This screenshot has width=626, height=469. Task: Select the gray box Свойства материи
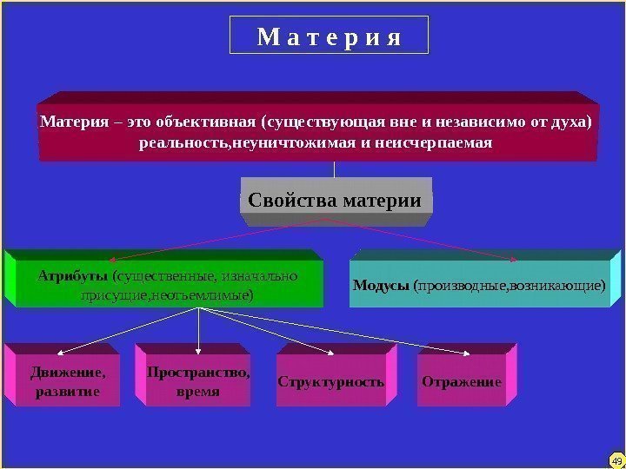click(335, 201)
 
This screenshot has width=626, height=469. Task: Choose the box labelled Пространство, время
click(197, 382)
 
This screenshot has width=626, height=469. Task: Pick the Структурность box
click(331, 381)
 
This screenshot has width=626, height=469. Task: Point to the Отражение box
click(462, 381)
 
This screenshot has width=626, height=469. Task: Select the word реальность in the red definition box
click(181, 141)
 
